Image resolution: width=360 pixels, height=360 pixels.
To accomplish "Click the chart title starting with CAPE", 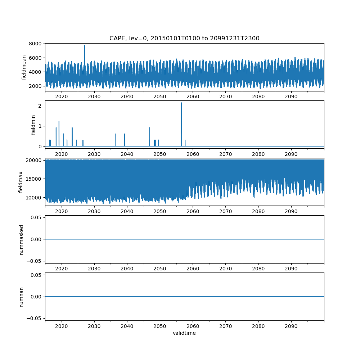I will (x=184, y=39).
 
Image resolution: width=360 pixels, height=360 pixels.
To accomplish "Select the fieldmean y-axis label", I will (x=24, y=67).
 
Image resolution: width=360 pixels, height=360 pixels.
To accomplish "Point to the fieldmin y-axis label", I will (x=33, y=125).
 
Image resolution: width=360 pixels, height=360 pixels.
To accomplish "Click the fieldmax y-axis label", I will (x=21, y=182).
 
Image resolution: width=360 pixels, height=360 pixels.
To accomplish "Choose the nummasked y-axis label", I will (x=21, y=239).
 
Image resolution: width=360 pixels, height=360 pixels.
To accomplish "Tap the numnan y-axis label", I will (x=21, y=297).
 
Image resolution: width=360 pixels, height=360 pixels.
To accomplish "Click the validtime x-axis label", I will (x=184, y=333).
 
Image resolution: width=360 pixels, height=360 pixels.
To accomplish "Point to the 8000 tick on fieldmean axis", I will (x=37, y=44).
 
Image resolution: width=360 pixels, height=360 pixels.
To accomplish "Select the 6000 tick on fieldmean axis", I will (x=37, y=58).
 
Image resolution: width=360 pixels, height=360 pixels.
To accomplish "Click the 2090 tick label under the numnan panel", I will (x=291, y=326).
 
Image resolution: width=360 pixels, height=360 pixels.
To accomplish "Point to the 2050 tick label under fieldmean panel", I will (x=160, y=96).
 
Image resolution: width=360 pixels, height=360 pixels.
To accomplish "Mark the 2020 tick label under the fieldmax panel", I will (x=62, y=211).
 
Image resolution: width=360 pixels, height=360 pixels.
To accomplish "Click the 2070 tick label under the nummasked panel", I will (x=225, y=269).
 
